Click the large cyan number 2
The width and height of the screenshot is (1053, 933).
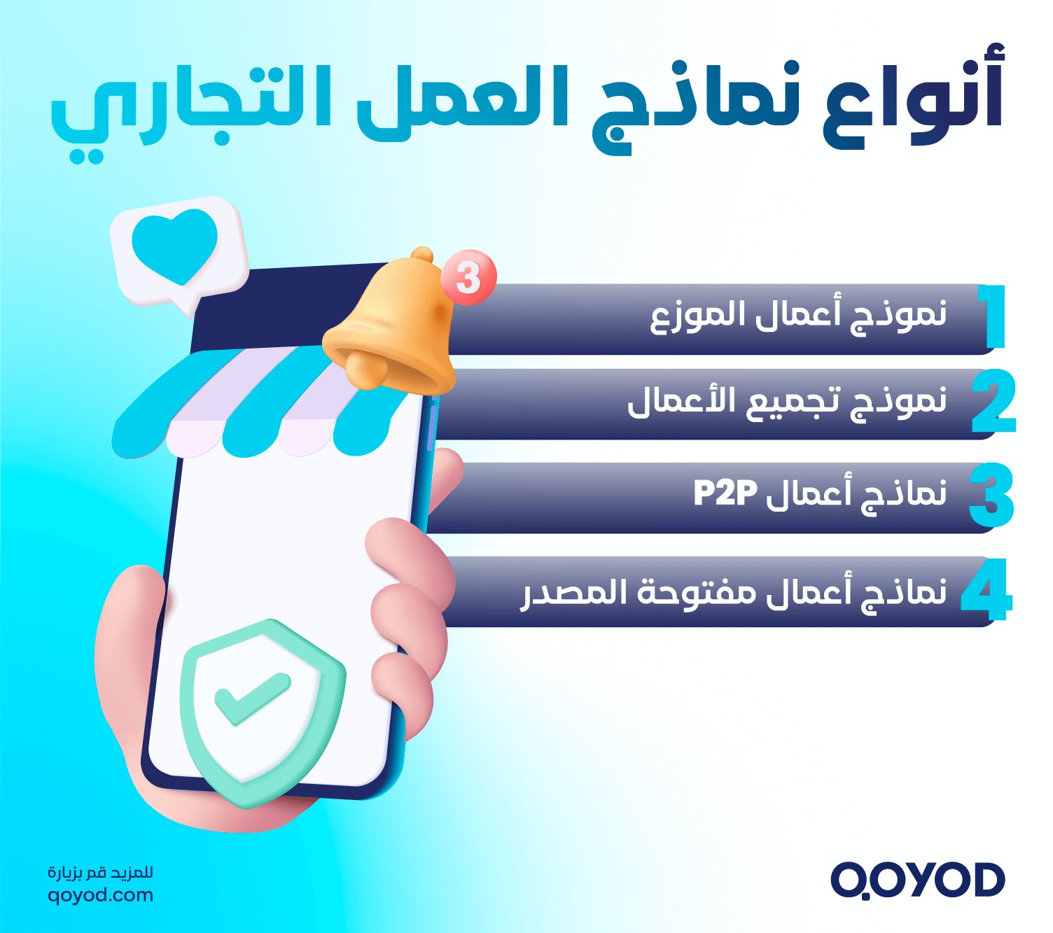[x=993, y=402]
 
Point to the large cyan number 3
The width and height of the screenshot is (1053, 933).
[x=991, y=496]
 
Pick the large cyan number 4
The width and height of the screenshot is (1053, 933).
[x=987, y=590]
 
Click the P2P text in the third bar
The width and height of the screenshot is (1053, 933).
[x=725, y=493]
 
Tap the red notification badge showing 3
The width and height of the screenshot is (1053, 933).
[x=468, y=278]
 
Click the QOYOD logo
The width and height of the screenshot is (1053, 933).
[x=917, y=880]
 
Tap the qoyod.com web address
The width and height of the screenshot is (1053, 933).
[x=100, y=895]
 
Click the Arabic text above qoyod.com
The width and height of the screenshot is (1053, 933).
[x=100, y=873]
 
